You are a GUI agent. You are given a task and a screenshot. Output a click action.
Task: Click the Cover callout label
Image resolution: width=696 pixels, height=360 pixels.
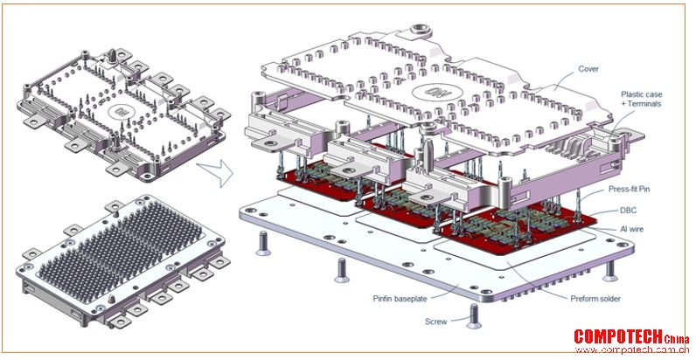pos(588,69)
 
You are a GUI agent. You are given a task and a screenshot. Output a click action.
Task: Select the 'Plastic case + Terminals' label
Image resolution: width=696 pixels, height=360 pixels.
pos(642,99)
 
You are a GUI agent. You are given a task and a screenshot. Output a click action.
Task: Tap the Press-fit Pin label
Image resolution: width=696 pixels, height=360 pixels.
pos(629,190)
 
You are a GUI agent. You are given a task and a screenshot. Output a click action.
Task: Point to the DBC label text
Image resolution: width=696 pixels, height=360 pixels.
pos(627,211)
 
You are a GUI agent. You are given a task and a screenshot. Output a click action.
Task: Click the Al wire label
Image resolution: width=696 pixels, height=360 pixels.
pos(631,229)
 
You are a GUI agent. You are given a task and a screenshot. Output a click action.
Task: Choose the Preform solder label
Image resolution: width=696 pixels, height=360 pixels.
pos(595,298)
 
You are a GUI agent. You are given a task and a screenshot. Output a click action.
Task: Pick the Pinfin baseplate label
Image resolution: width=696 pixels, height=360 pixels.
pos(400,298)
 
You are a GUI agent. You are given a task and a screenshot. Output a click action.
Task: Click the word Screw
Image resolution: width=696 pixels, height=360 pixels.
pos(436,322)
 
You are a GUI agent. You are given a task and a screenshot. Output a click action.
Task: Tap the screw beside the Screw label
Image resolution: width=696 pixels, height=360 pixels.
pos(474,316)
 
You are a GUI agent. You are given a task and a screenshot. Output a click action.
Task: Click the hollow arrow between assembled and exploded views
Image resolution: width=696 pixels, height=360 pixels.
pos(215,173)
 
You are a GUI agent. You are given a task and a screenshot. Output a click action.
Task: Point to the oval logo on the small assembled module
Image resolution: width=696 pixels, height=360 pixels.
pos(120,111)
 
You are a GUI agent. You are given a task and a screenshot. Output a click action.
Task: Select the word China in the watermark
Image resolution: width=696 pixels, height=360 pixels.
pos(677,340)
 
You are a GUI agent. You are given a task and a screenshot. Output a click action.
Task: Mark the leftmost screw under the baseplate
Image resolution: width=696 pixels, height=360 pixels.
pos(263,245)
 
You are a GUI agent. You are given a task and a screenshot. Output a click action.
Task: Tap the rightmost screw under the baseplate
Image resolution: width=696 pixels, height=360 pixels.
pos(610,271)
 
